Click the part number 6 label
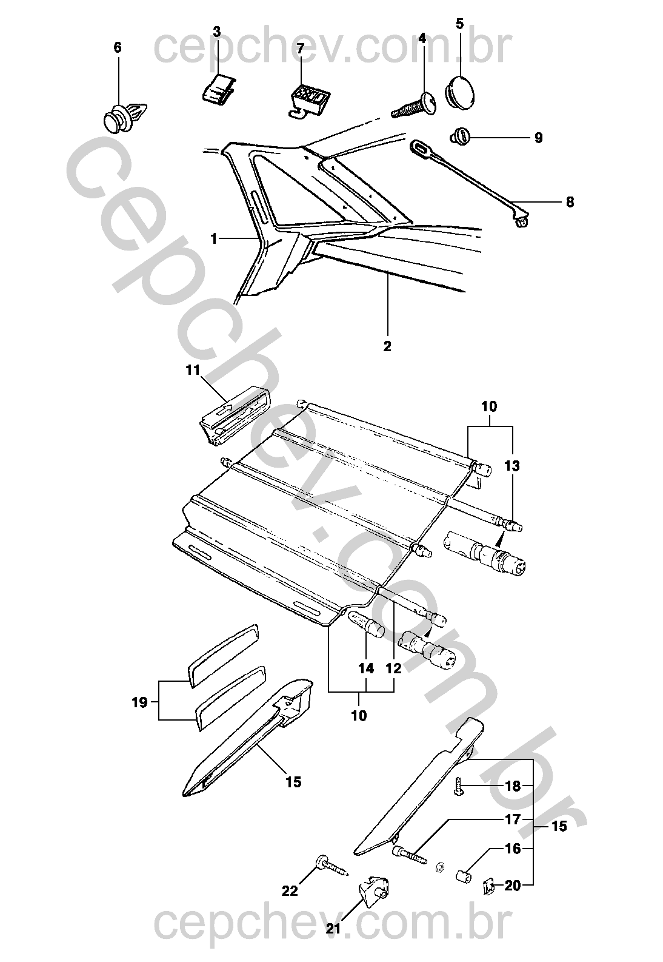point(118,47)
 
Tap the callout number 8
point(569,202)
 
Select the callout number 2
point(387,346)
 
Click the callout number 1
point(213,240)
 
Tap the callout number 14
point(365,668)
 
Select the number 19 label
point(140,702)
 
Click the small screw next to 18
point(459,787)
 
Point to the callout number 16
point(513,849)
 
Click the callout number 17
point(513,819)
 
